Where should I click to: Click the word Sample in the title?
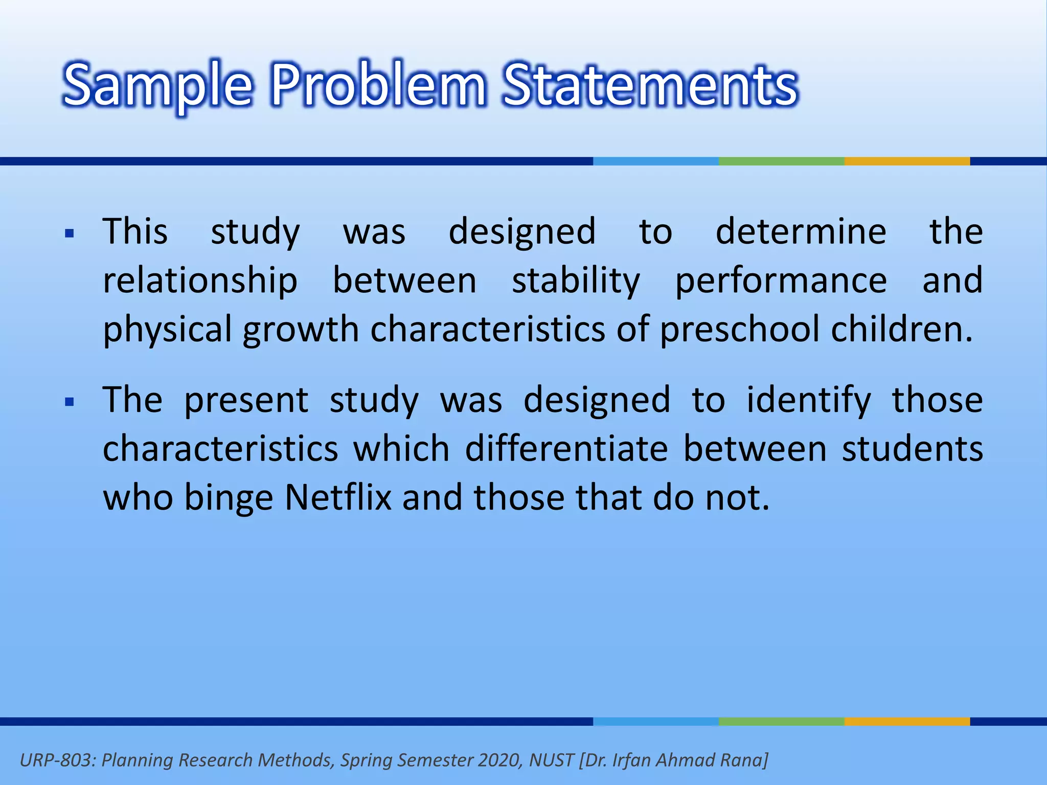(x=157, y=85)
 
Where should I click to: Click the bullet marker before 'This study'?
(x=70, y=234)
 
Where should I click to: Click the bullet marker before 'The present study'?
(x=70, y=402)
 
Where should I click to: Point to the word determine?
(x=801, y=232)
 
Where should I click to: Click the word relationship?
(x=200, y=281)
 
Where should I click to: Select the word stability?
(x=576, y=281)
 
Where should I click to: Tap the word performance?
(x=781, y=281)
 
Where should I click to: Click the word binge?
(x=229, y=498)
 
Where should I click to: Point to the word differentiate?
(x=566, y=448)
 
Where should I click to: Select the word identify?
(x=808, y=400)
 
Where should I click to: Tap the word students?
(x=913, y=448)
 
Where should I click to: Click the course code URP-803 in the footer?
(x=56, y=760)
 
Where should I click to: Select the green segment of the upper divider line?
(x=781, y=161)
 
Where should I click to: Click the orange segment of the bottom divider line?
(x=907, y=721)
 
